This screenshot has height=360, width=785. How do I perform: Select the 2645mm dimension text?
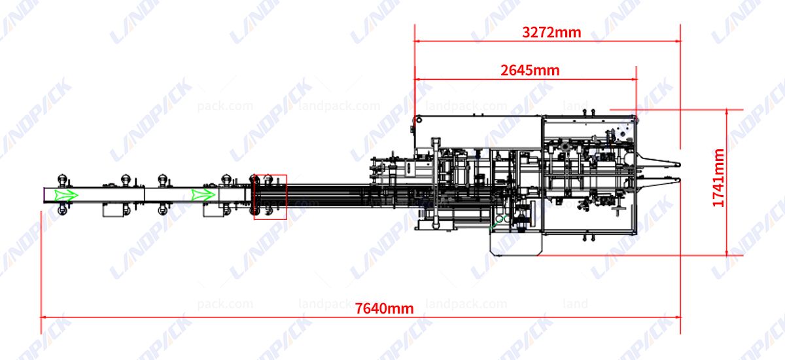(x=530, y=71)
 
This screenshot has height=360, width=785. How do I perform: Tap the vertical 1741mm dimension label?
(x=718, y=178)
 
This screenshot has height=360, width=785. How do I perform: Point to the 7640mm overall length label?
(x=385, y=308)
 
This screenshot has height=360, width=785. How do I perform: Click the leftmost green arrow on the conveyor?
(x=66, y=195)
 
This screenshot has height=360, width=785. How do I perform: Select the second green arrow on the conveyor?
(x=203, y=195)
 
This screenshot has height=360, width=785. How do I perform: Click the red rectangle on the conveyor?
(x=270, y=196)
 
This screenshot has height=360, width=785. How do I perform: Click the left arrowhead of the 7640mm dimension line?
(x=44, y=316)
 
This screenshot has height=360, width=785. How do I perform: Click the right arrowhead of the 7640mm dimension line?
(x=677, y=316)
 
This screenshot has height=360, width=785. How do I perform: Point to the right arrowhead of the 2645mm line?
(x=633, y=80)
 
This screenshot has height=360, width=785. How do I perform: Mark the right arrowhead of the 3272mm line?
(x=677, y=41)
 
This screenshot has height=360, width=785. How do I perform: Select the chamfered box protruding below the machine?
(x=516, y=242)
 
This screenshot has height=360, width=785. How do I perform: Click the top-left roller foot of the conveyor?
(x=63, y=180)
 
